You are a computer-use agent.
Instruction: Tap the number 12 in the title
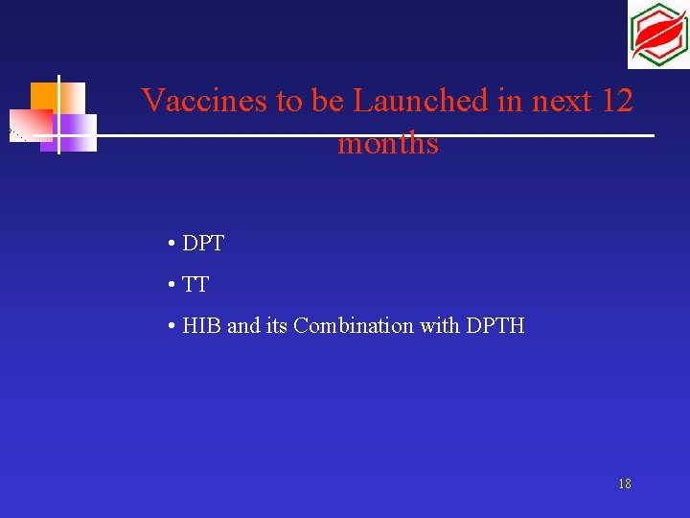tap(613, 100)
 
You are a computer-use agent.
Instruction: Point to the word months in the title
tap(388, 144)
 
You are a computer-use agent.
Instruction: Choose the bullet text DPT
tap(202, 244)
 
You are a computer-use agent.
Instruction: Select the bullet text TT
tap(195, 285)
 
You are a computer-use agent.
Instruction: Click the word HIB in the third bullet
tap(201, 326)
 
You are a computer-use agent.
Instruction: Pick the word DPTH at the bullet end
tap(495, 326)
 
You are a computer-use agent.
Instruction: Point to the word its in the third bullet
tap(276, 326)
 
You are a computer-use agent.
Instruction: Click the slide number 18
tap(625, 484)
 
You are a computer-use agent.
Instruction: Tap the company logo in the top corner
tap(657, 35)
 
